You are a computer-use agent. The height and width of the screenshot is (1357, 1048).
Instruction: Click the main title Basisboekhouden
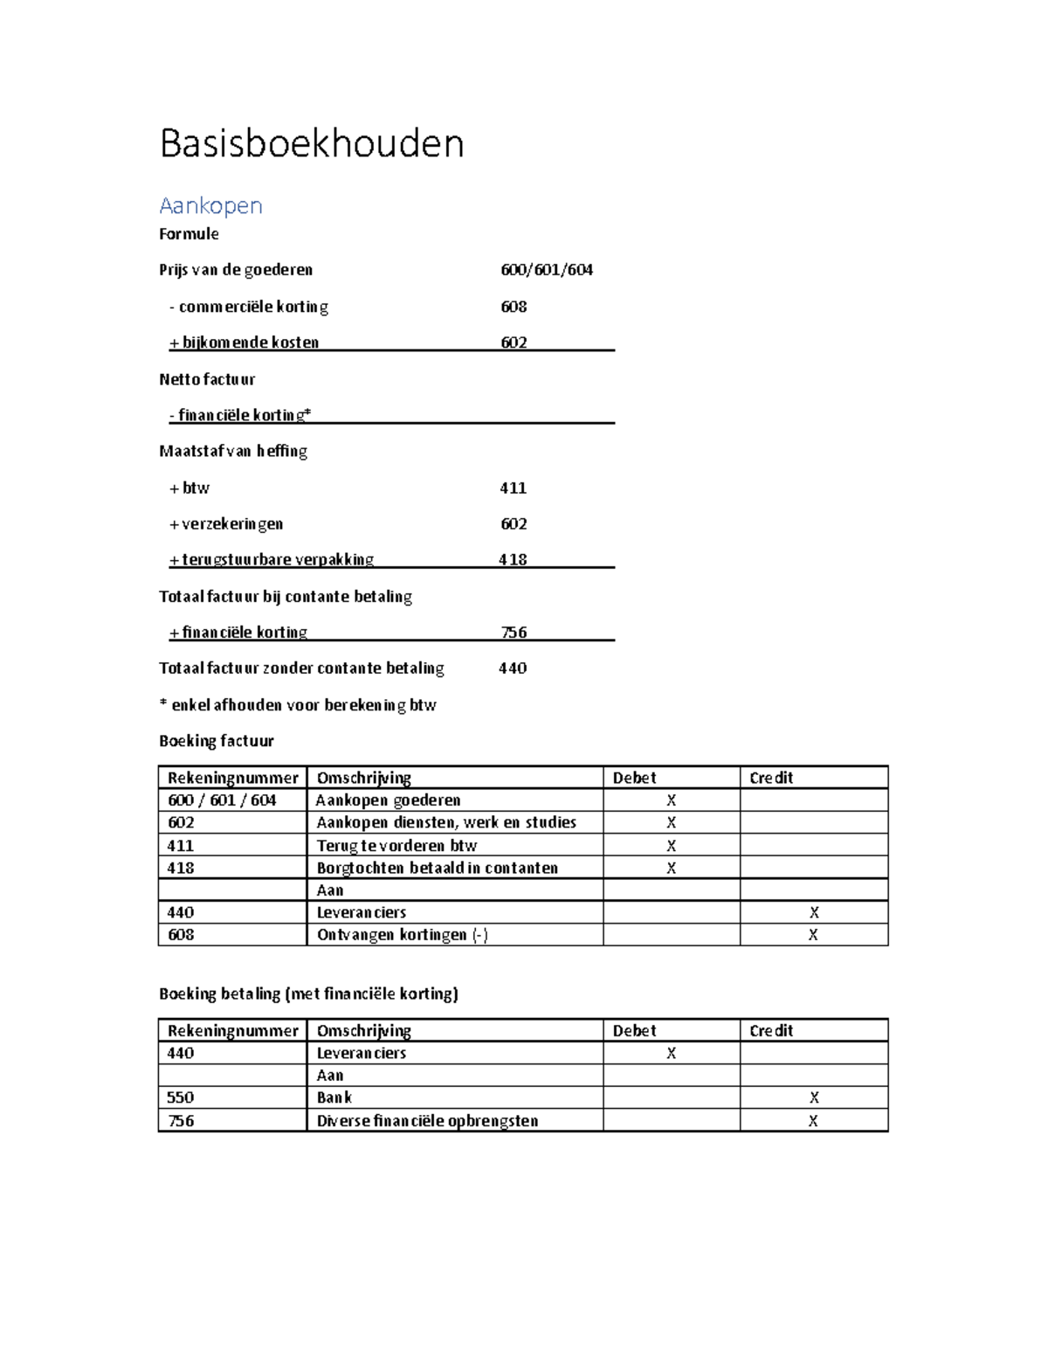[311, 144]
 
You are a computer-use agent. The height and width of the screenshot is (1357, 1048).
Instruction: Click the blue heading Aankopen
[210, 206]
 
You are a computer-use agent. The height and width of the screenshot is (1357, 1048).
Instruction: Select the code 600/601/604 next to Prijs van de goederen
[546, 270]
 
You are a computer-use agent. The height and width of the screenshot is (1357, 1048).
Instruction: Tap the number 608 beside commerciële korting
[514, 307]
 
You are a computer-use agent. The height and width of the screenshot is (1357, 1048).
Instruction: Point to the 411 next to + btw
[513, 488]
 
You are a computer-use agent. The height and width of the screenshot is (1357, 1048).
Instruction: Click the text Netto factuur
[207, 379]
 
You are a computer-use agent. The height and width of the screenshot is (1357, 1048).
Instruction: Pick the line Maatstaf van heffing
[233, 452]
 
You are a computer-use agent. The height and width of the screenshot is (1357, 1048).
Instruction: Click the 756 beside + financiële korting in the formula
[514, 633]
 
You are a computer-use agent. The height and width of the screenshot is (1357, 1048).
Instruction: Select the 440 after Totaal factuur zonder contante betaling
[513, 668]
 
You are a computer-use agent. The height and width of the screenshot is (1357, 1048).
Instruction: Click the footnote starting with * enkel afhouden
[297, 705]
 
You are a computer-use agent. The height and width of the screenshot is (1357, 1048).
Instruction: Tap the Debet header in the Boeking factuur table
[634, 778]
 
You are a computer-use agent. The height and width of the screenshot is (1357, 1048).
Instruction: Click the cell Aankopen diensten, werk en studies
[446, 822]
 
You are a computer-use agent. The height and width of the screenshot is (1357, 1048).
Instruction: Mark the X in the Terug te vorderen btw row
[671, 846]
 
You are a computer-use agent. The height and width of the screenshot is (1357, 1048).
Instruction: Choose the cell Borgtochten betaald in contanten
[437, 868]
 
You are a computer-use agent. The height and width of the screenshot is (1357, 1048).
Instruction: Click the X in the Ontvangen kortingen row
[813, 935]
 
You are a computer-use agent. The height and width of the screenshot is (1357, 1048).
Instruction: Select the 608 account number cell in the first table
[181, 935]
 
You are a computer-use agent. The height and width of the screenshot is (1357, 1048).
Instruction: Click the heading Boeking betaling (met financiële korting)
[308, 994]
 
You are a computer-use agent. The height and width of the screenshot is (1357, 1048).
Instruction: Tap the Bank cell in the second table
[334, 1097]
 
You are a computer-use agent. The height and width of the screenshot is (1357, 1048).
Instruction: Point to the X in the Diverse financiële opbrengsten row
[813, 1121]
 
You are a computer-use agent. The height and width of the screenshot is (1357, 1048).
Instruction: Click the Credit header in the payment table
[771, 1031]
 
